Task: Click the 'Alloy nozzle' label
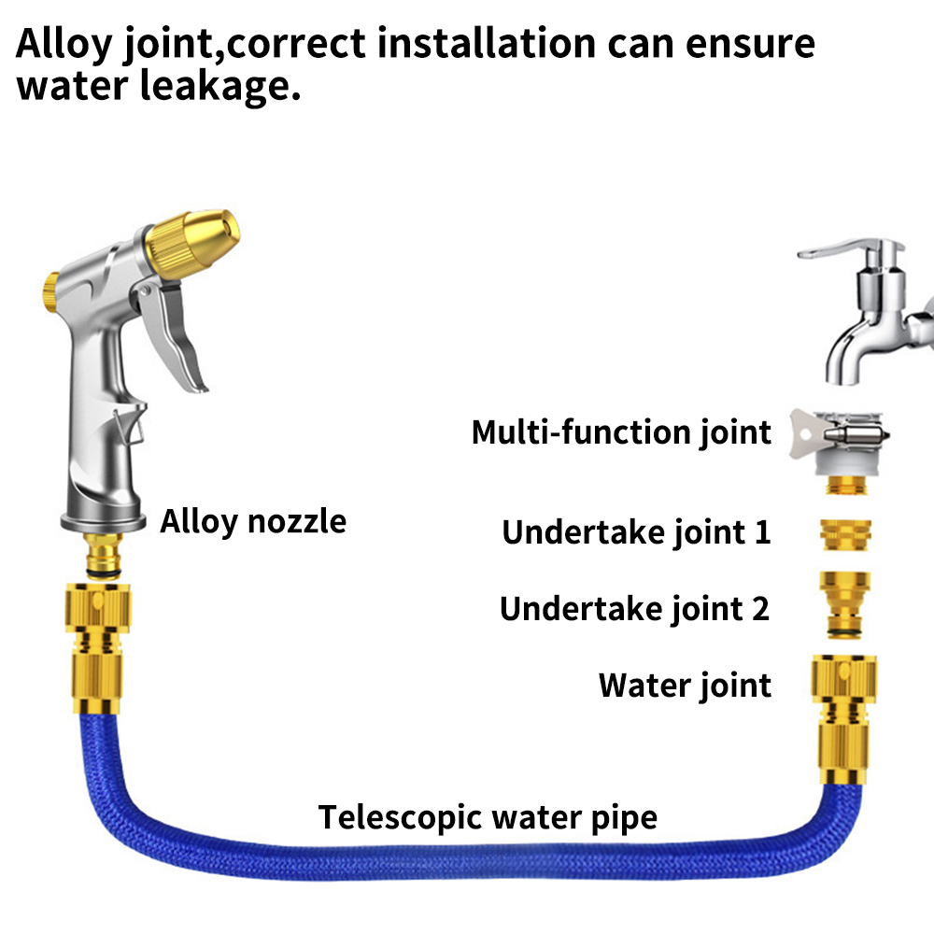[253, 521]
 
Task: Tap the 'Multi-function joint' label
[621, 432]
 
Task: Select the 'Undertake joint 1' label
[636, 532]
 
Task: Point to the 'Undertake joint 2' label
[634, 609]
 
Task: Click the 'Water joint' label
[685, 686]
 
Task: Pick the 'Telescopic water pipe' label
[488, 817]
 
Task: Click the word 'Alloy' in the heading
[64, 43]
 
